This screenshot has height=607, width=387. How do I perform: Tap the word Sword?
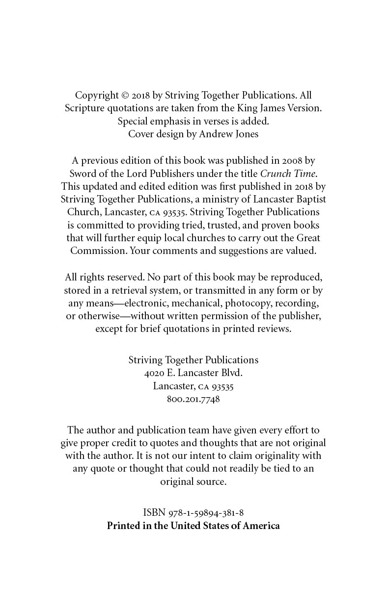coord(83,173)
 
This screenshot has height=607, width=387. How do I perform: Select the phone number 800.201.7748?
coord(193,399)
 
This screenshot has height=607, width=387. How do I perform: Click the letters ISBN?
coord(154,513)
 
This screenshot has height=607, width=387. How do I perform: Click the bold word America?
coord(261,526)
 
